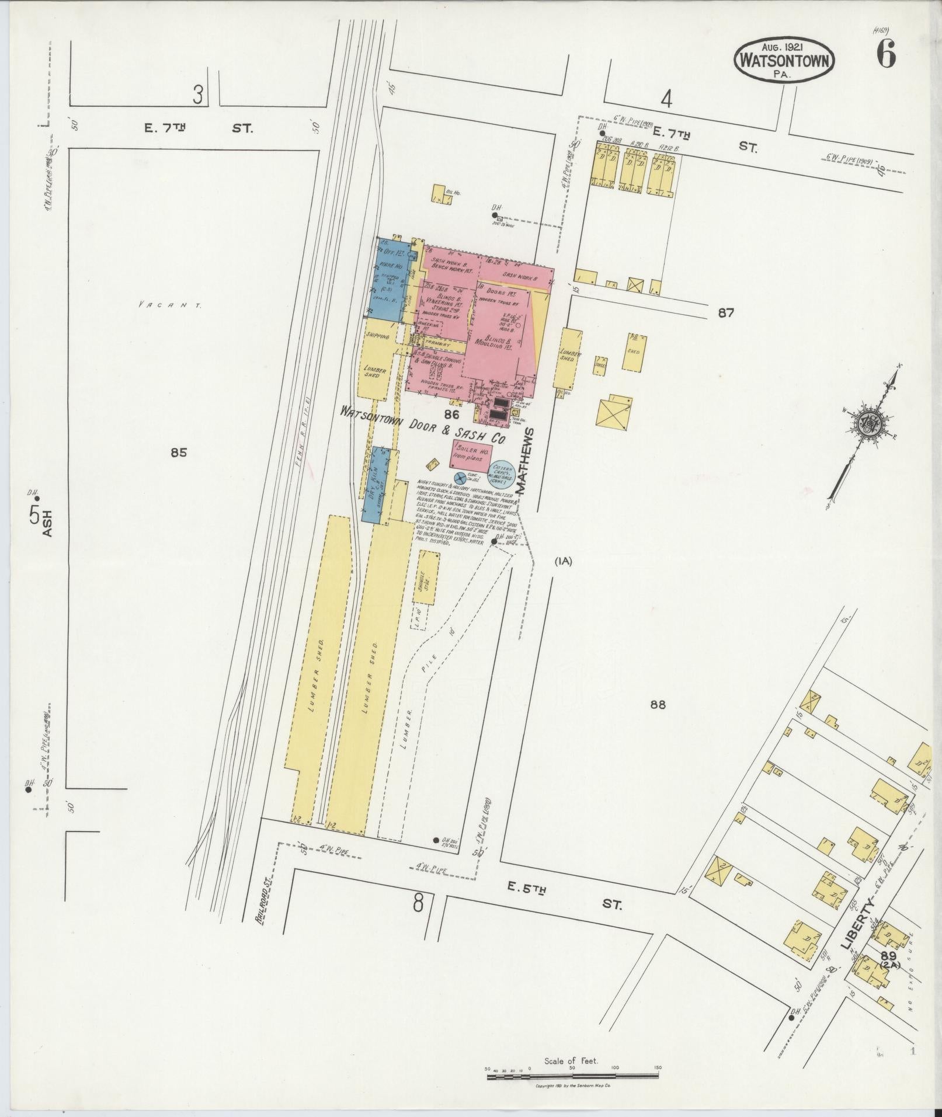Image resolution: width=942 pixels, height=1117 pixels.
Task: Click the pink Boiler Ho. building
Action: [x=470, y=454]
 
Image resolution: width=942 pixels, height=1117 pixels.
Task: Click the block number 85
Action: [x=179, y=452]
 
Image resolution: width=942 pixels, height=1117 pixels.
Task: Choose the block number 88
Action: [x=658, y=705]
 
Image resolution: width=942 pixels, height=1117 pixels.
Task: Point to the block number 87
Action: [x=726, y=313]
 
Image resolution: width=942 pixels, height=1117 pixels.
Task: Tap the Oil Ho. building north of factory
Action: [x=442, y=194]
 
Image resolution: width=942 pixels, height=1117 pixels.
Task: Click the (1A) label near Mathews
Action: [x=564, y=562]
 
